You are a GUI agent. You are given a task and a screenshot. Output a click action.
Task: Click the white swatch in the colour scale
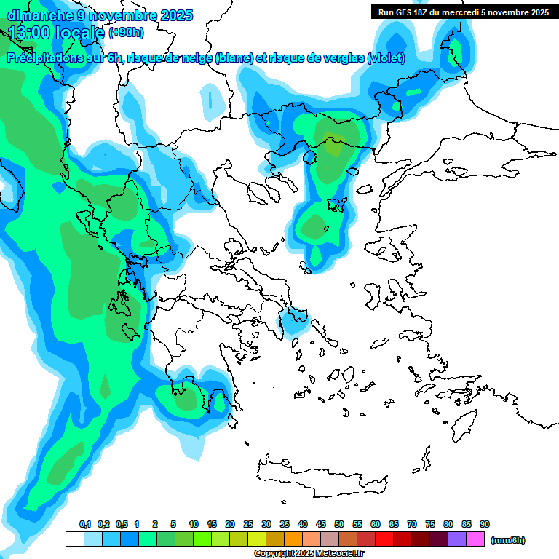coord(74,539)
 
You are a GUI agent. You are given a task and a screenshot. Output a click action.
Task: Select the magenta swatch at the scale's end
coord(475,539)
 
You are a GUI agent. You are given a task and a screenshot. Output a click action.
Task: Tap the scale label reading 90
coord(485,525)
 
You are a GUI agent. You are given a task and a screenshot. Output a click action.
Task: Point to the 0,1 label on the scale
coord(84,525)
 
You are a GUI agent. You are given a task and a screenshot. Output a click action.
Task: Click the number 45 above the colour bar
coord(321,525)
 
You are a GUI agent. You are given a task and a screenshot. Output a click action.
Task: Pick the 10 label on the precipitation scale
coord(194,525)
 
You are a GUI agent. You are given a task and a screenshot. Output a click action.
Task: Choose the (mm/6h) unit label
coord(508,540)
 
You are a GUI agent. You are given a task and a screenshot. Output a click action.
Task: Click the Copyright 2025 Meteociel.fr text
coord(309,554)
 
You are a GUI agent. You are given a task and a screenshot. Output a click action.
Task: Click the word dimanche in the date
coord(37,15)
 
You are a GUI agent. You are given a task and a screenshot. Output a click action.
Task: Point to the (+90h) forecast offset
coord(126,33)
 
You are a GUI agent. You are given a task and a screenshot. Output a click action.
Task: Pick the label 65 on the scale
coord(394,525)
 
